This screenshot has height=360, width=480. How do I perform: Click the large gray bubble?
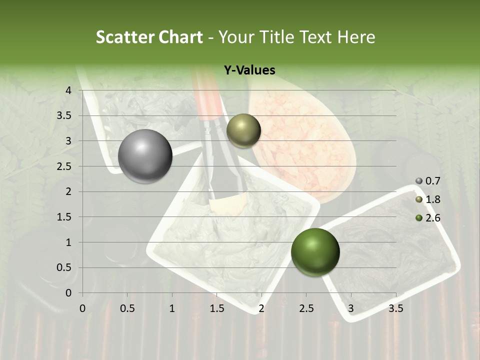(x=145, y=156)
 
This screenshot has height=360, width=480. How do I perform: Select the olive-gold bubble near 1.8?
(x=243, y=130)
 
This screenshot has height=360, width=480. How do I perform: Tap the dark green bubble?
(x=315, y=252)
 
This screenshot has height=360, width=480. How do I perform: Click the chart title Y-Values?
(x=249, y=70)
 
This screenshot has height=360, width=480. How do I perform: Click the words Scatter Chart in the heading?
(x=149, y=36)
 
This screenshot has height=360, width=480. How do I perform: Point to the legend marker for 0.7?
(x=419, y=181)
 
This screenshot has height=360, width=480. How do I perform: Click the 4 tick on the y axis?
(x=69, y=90)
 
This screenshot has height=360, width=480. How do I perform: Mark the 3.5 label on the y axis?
(x=65, y=115)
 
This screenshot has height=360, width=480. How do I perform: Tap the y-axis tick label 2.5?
(x=65, y=166)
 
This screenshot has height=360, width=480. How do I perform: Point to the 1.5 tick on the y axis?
(x=65, y=217)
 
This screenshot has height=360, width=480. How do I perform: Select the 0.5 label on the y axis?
(x=65, y=267)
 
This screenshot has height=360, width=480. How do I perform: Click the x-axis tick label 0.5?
(x=127, y=308)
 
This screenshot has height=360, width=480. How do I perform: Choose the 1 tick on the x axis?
(x=172, y=308)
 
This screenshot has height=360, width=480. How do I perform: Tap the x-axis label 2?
(x=261, y=308)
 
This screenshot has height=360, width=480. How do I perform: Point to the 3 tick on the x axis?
(x=351, y=308)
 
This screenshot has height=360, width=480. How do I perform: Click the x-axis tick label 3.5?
(x=396, y=308)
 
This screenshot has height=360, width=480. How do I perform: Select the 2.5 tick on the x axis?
(x=306, y=308)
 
